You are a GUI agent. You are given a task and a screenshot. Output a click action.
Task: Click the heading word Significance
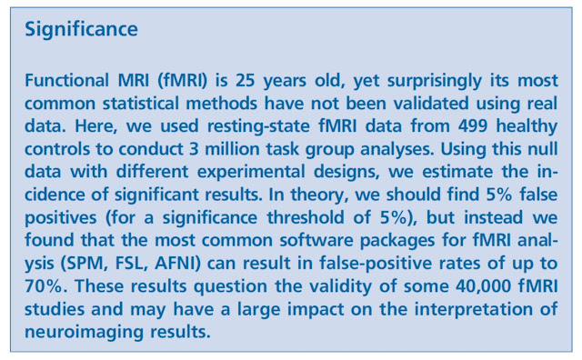coord(81,30)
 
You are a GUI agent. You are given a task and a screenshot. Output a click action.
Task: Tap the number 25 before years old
coord(245,81)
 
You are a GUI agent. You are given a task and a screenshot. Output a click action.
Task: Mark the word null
coord(544,149)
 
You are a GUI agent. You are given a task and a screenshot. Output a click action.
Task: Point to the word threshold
coord(306,218)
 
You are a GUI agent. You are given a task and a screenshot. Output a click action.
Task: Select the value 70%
coord(43,286)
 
